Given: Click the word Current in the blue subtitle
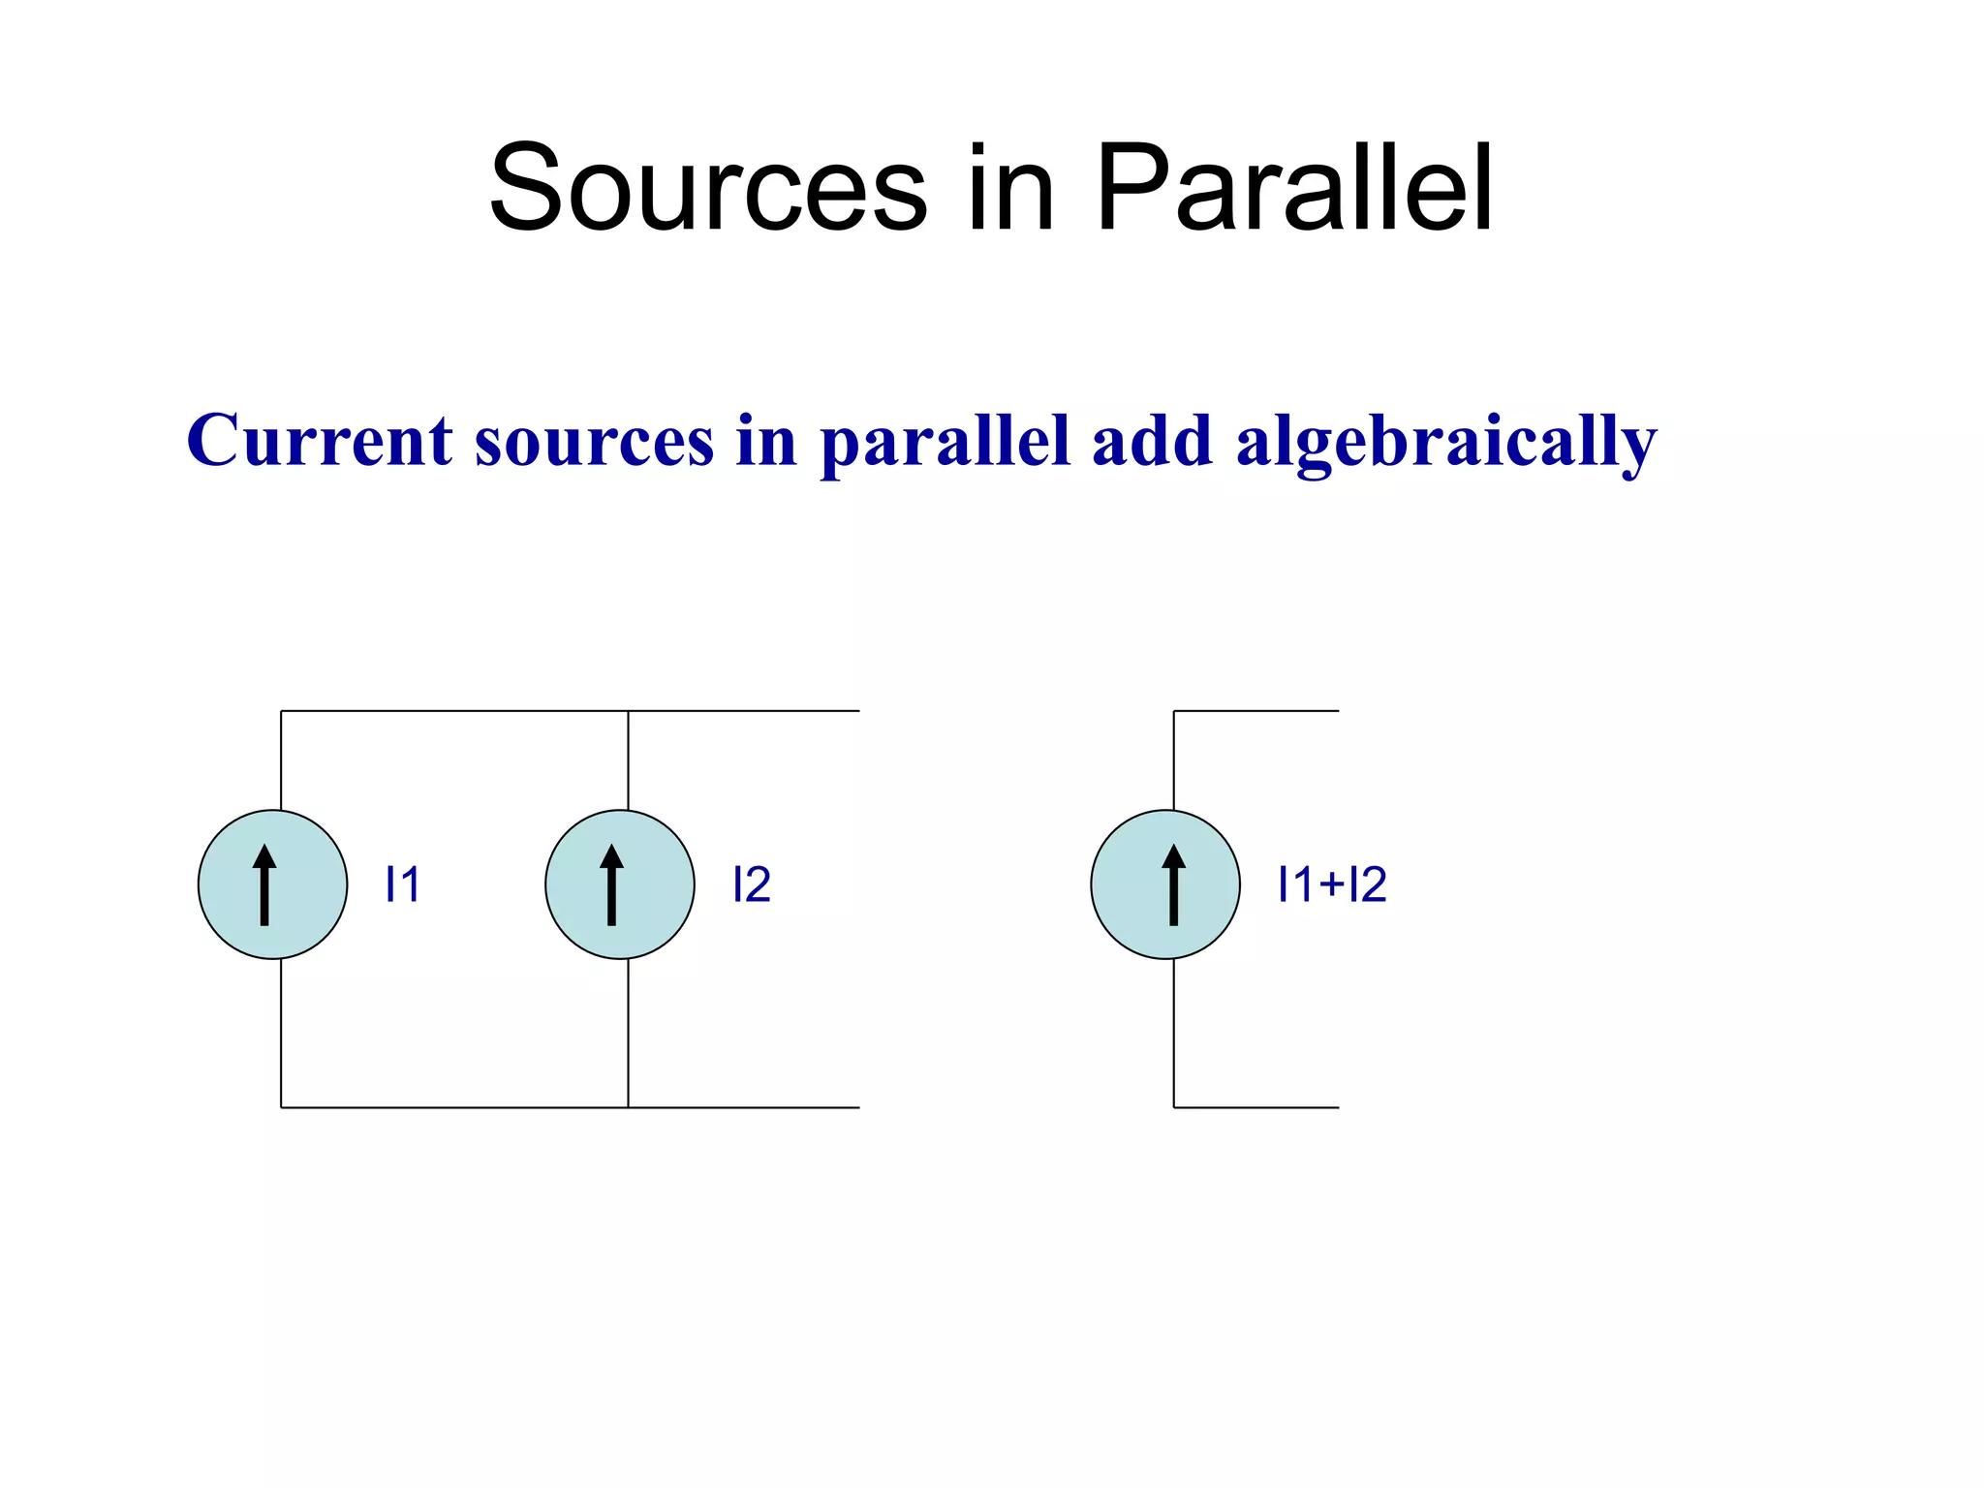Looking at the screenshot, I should tap(320, 441).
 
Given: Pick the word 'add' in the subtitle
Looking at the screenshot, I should tap(1152, 441).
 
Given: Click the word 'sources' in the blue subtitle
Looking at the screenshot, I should tap(594, 441).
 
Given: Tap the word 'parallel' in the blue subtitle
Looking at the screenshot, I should tap(945, 441).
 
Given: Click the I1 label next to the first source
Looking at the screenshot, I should tap(402, 884).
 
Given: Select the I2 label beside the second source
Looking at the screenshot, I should tap(751, 884).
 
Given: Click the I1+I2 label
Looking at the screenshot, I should tap(1332, 884).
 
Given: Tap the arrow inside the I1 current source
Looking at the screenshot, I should tap(264, 884).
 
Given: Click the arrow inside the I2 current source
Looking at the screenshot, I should tap(611, 884).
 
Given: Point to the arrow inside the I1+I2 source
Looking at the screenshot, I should tap(1173, 884).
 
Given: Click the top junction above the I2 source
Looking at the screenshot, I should tap(628, 711).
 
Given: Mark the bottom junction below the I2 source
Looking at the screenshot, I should tap(628, 1107).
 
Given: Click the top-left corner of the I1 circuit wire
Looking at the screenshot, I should tap(281, 711).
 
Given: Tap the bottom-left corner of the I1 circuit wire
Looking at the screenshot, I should tap(281, 1107).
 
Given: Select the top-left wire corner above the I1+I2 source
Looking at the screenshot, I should tap(1174, 711).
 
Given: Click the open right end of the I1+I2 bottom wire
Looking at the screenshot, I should tap(1337, 1107).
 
